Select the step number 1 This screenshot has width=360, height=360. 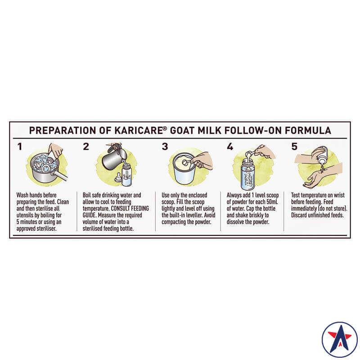[19, 146]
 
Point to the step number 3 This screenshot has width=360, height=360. [165, 146]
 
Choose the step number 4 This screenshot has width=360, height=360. [230, 146]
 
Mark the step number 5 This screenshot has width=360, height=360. [294, 146]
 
